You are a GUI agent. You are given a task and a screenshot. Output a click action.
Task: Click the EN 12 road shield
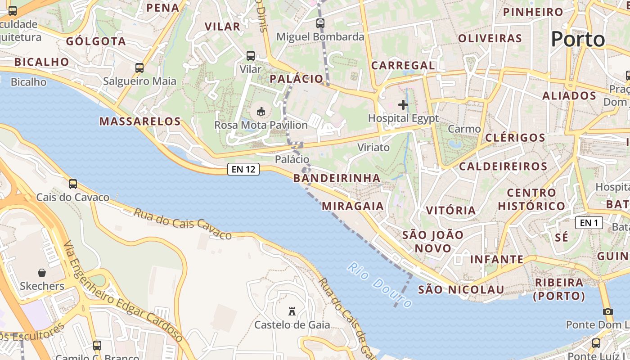click(243, 169)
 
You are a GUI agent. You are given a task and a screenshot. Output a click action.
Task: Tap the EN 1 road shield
click(589, 223)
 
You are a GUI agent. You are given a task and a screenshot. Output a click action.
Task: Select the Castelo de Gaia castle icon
click(292, 311)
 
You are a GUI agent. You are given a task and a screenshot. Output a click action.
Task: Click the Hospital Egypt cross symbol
click(403, 105)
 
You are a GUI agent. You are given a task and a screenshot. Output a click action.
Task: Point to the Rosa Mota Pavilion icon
click(261, 111)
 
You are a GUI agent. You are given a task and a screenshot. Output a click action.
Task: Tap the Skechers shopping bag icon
click(42, 273)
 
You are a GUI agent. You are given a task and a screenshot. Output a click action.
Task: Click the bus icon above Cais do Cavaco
click(73, 184)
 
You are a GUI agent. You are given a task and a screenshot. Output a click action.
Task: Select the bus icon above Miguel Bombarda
click(320, 23)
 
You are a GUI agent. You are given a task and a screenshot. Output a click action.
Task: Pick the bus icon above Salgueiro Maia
click(139, 68)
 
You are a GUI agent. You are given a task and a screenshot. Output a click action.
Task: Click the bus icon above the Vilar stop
click(251, 56)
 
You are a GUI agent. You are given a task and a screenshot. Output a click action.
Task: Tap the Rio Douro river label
click(379, 285)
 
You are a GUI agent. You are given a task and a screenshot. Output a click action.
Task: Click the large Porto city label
click(578, 39)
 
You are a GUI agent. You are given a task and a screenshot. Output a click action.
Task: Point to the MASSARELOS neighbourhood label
click(140, 121)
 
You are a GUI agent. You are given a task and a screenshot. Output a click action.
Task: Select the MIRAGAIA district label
click(353, 206)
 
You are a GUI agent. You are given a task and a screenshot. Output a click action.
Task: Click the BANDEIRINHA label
click(337, 178)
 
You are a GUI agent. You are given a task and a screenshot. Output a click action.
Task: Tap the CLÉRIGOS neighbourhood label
click(516, 138)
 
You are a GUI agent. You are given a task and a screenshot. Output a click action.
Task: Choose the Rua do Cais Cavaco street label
click(182, 224)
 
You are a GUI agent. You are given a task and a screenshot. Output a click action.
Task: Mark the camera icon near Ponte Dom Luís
click(608, 311)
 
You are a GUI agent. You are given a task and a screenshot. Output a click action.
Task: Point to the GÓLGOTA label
click(96, 41)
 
